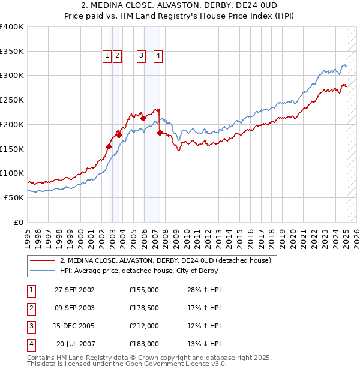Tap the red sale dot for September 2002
[109, 146]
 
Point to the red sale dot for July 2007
[160, 133]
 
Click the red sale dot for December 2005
[143, 119]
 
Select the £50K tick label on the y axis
[14, 197]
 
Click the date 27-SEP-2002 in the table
[74, 290]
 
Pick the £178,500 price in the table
[143, 308]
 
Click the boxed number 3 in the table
[30, 326]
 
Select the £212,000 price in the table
[143, 326]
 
